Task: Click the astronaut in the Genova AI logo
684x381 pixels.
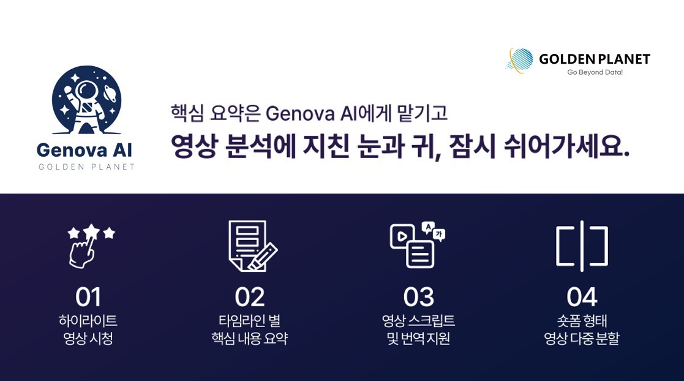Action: [x=84, y=100]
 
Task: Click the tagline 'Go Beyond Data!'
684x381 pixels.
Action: [x=595, y=72]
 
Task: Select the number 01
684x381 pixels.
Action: [x=88, y=297]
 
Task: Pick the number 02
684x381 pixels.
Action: [x=250, y=297]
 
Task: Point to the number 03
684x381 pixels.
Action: [x=418, y=297]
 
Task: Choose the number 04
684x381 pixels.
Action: [x=582, y=297]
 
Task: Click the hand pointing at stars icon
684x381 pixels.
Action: [x=90, y=246]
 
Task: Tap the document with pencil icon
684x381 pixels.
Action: [x=252, y=246]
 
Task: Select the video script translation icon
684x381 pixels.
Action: [x=417, y=245]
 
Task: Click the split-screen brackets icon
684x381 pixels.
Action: [x=582, y=246]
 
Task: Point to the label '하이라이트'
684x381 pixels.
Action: [x=88, y=320]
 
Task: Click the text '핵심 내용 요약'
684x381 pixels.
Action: [x=250, y=338]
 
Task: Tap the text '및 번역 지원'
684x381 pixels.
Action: [x=418, y=338]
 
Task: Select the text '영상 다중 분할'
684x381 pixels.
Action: [x=582, y=338]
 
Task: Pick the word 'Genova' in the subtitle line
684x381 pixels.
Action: [x=298, y=113]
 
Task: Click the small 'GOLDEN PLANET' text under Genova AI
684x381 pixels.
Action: [x=86, y=167]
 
